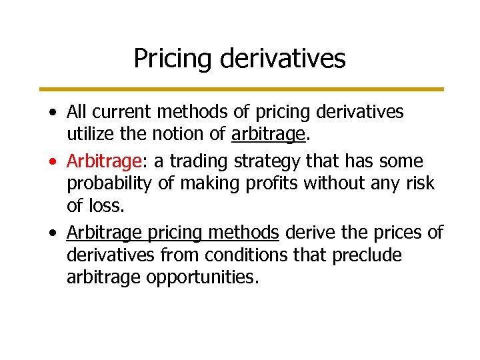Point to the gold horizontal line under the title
point(241,89)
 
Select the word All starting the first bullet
point(77,112)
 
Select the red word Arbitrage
point(98,161)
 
